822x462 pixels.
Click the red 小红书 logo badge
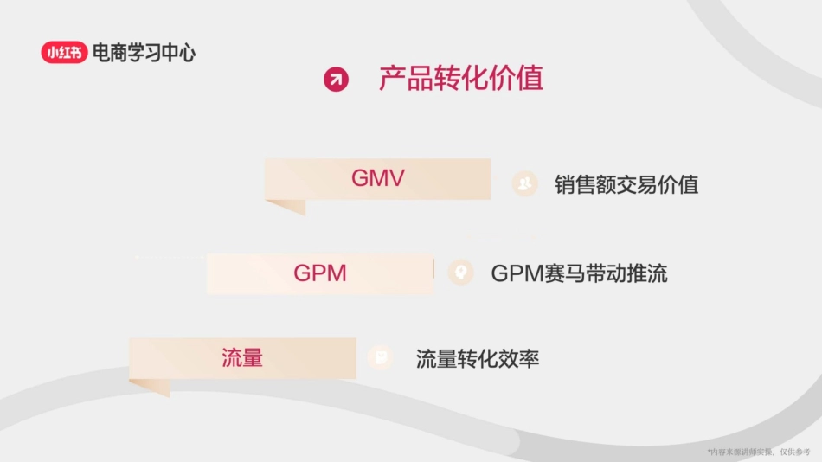64,53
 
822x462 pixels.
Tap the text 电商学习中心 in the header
144,53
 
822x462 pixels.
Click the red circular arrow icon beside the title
336,80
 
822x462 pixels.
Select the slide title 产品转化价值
460,79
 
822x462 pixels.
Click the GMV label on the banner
378,178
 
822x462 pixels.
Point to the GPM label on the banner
320,273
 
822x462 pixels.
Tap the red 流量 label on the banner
242,357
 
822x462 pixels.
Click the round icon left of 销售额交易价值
523,183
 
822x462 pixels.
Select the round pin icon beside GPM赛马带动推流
461,273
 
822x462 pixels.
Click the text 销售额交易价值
626,184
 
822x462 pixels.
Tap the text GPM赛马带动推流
579,274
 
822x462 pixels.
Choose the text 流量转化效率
478,359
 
